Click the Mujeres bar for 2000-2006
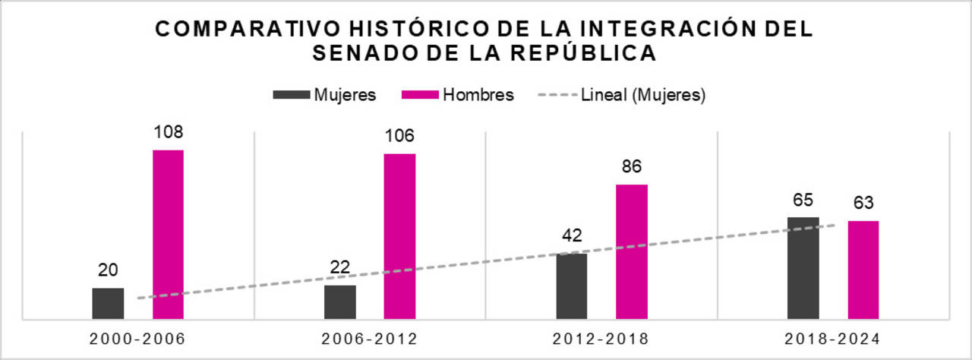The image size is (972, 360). (x=108, y=304)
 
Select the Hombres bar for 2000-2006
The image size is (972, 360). (x=168, y=235)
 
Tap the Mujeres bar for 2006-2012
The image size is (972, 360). (x=339, y=302)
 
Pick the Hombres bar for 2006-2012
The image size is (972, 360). (x=399, y=236)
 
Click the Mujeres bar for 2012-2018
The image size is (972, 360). (x=572, y=286)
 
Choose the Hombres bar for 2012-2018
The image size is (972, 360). (x=631, y=251)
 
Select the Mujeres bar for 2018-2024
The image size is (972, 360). (x=803, y=268)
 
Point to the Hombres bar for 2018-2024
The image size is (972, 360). (x=863, y=270)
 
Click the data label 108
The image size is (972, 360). (x=168, y=133)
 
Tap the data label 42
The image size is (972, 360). (x=572, y=235)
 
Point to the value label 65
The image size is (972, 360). (x=803, y=201)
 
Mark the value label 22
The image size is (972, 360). (x=339, y=268)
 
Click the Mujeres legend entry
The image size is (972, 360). (x=325, y=95)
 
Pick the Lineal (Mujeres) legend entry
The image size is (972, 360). (x=622, y=95)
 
